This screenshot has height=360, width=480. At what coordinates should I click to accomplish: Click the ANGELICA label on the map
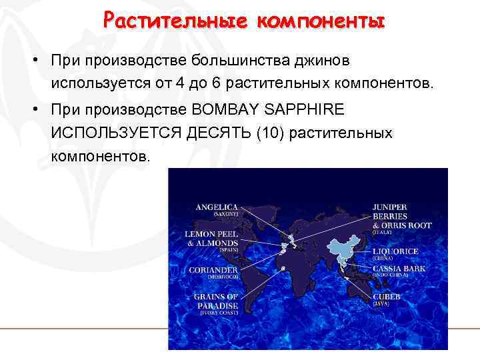pos(217,207)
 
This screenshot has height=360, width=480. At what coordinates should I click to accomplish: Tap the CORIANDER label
pos(213,269)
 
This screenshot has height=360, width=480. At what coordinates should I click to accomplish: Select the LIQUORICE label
pos(395,251)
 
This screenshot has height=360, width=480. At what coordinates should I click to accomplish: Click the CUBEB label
pos(387,297)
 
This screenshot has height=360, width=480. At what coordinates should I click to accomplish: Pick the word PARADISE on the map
pos(216,305)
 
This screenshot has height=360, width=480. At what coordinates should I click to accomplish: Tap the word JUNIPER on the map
pos(390,207)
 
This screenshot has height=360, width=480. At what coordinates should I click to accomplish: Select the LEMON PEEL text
pos(212,234)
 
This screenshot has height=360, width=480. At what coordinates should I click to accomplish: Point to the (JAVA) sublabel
pos(381,303)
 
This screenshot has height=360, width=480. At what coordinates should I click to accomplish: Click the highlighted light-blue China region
pos(344,247)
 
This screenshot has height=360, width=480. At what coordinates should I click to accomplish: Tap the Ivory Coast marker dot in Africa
pos(284,269)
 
